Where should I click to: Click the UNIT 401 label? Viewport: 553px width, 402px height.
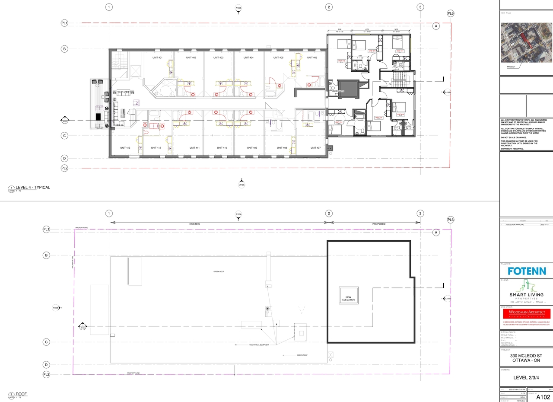157,57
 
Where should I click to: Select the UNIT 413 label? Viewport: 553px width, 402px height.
125,148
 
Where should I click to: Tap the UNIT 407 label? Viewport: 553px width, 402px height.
315,148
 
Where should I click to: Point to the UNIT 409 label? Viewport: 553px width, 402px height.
252,148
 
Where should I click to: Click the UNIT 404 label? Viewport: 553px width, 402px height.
248,57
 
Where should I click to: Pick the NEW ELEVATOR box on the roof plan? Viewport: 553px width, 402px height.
348,298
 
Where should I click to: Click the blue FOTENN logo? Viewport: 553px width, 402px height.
526,271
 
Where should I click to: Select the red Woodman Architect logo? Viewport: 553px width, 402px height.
526,313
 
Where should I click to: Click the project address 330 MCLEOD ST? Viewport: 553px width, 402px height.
526,356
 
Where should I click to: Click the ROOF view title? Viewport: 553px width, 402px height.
21,394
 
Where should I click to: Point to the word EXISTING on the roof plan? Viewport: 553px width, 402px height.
195,224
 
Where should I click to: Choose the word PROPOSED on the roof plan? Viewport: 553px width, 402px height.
378,224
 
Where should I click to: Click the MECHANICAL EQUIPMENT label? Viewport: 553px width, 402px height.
258,345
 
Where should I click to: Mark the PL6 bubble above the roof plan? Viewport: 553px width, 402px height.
451,220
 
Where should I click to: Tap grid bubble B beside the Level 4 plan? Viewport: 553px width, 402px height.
64,49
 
